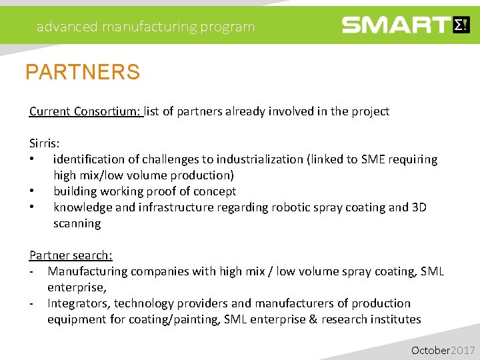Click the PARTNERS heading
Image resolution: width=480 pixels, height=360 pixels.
point(83,72)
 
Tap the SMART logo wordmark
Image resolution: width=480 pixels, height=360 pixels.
point(396,25)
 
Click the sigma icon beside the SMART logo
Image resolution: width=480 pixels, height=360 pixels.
point(461,25)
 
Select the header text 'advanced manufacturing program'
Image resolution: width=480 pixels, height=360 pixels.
point(145,27)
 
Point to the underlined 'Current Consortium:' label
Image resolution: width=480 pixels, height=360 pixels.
point(85,111)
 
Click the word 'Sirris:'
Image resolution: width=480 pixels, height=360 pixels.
point(44,143)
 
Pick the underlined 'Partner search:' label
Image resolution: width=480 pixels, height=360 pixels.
point(71,255)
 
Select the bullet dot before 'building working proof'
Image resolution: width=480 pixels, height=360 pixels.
point(32,192)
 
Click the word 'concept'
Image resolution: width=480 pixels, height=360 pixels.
point(215,191)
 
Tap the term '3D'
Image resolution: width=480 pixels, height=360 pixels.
point(419,207)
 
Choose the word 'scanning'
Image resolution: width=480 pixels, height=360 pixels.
point(77,223)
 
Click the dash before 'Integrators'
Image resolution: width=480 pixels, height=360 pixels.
point(32,303)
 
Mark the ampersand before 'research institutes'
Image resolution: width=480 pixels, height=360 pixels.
point(313,319)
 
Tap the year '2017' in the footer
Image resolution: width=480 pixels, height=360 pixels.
point(463,350)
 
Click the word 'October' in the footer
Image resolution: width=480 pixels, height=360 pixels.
point(431,350)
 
